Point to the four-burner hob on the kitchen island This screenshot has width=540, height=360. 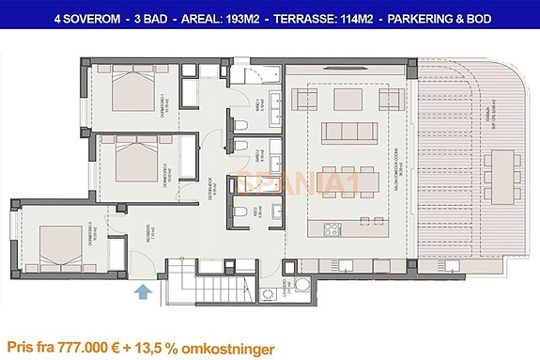[332, 228]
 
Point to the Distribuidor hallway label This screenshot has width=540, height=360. [211, 182]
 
